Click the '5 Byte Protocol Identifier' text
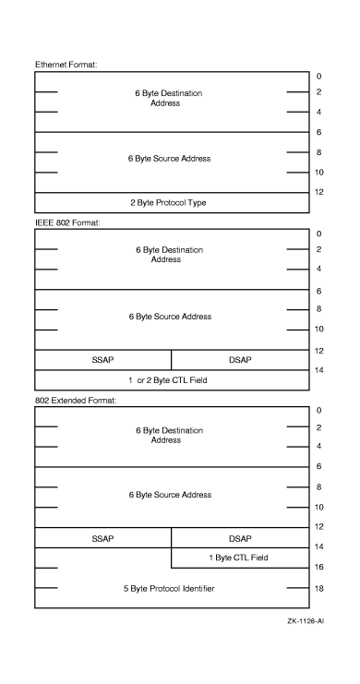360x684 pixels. tap(171, 588)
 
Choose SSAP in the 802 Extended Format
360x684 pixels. tap(103, 537)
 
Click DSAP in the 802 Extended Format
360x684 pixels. tap(239, 537)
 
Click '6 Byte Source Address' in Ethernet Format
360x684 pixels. tap(171, 159)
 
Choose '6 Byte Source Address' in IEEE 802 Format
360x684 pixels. tap(171, 317)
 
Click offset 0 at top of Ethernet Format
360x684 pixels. tap(318, 76)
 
